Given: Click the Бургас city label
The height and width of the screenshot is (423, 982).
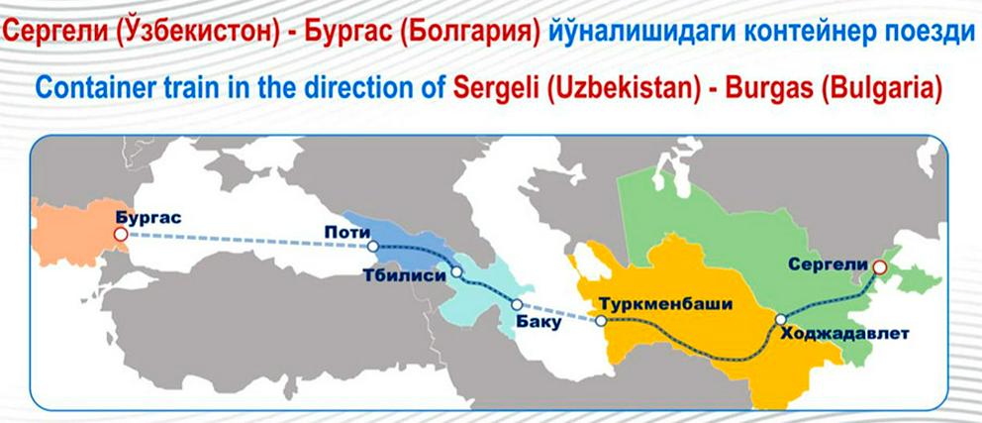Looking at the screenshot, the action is pos(148,218).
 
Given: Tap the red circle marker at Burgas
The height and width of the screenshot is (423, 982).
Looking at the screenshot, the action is pos(121,235).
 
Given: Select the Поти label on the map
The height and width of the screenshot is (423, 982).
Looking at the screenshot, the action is pos(344,233).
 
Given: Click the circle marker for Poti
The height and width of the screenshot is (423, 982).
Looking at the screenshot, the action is pos(373,247).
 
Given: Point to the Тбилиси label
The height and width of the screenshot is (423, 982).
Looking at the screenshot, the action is pos(403,275).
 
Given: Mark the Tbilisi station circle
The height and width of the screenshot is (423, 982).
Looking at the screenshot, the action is pos(456,272).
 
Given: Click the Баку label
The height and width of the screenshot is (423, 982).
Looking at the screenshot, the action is pos(537,323).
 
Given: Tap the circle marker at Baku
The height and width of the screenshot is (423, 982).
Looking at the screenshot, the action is pos(517,304).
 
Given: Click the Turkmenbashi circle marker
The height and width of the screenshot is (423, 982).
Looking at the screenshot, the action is pos(601,321).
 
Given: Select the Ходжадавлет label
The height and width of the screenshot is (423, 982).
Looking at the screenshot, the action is pos(844,334).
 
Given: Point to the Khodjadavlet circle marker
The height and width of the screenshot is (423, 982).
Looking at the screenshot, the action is pos(780,320).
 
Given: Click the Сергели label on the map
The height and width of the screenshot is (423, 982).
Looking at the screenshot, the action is pos(828,264).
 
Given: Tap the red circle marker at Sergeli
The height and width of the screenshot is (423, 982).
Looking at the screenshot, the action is pos(879,267).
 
